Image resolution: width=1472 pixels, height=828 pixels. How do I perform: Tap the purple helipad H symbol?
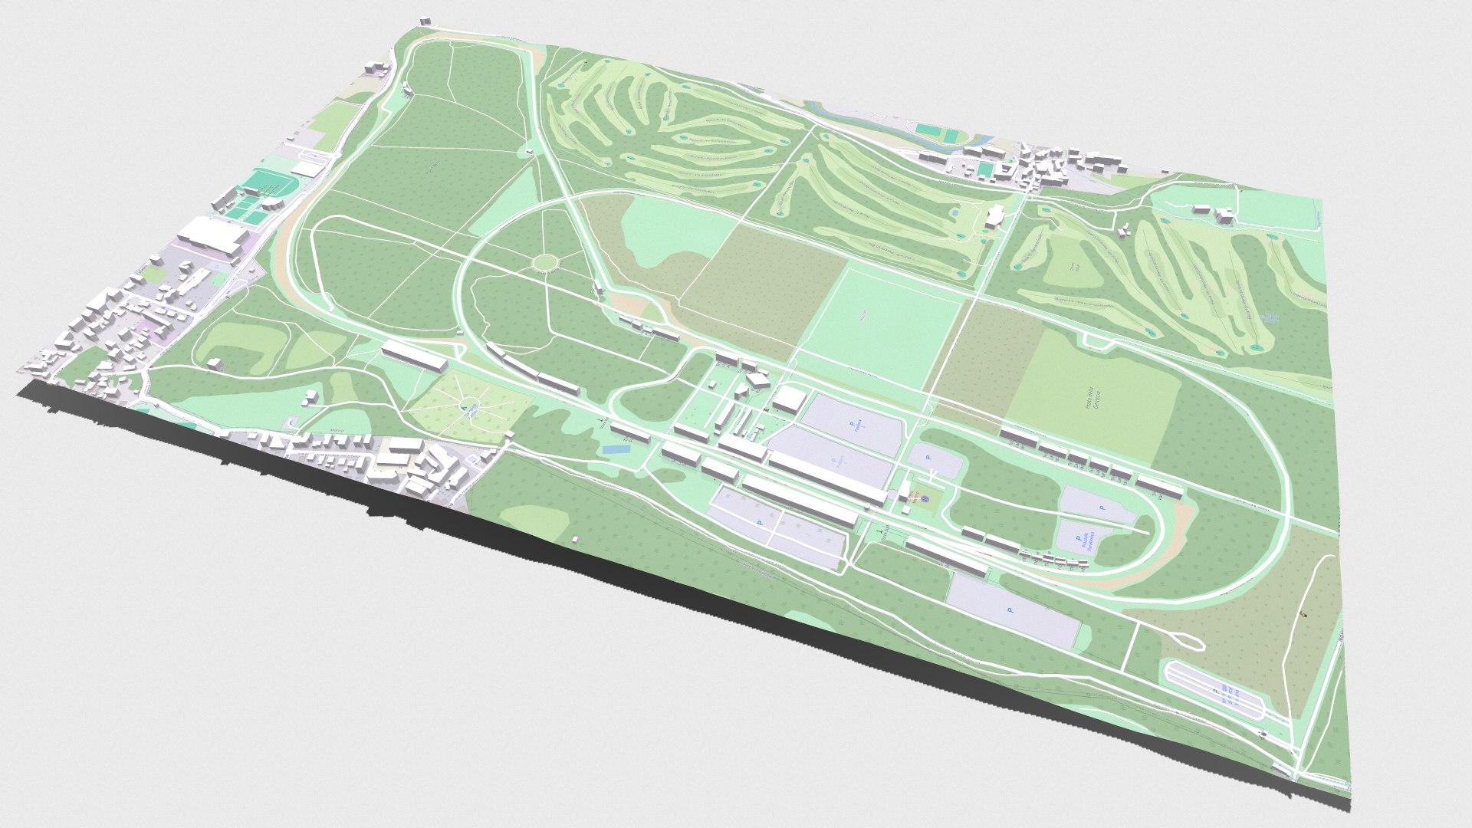[925, 499]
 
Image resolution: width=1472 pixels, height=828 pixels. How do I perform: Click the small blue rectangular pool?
[613, 450]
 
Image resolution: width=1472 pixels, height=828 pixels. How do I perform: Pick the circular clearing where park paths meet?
[545, 263]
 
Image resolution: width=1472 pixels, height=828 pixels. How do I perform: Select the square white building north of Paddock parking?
[789, 399]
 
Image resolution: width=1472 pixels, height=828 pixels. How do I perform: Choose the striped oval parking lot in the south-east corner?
[1214, 690]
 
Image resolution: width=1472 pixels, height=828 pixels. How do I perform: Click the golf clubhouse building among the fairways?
[994, 217]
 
